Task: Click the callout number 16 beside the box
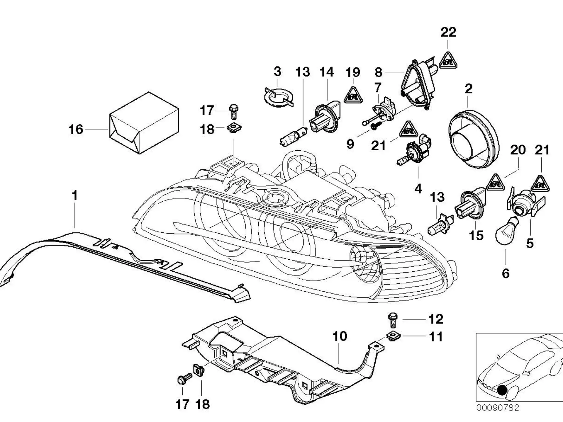tap(76, 129)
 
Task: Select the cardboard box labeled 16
tap(144, 123)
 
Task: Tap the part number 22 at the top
tap(448, 32)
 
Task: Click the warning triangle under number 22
tap(448, 60)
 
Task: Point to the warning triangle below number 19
tap(353, 96)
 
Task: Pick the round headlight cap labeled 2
tap(474, 139)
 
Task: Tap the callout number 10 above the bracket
tap(340, 336)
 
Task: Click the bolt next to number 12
tap(393, 320)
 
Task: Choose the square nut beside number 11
tap(393, 336)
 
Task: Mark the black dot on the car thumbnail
tap(502, 390)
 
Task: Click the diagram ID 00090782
tap(498, 408)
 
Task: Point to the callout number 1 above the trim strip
tap(75, 195)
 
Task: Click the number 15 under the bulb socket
tap(476, 235)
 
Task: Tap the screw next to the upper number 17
tap(234, 112)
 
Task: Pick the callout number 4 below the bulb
tap(418, 189)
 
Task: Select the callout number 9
tap(350, 144)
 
